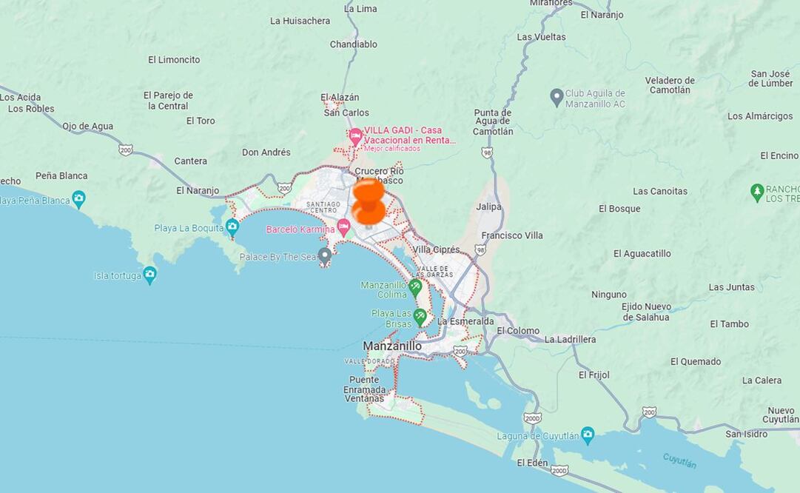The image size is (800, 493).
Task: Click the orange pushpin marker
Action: (x=369, y=201)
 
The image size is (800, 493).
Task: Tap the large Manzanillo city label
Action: (x=392, y=346)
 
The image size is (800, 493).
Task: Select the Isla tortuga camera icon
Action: (x=150, y=275)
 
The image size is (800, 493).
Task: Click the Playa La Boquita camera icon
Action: (x=232, y=227)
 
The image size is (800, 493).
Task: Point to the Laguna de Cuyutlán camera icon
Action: (x=588, y=435)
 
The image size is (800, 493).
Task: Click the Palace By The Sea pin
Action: (x=325, y=257)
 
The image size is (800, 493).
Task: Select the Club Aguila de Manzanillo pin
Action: (x=557, y=98)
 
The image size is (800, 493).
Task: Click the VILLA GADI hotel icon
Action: (x=356, y=136)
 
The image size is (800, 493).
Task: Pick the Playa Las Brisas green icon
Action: (x=420, y=318)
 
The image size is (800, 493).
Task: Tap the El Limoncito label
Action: (x=174, y=60)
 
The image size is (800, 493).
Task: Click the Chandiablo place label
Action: (x=354, y=44)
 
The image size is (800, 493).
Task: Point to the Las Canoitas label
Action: (x=660, y=191)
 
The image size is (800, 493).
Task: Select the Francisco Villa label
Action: (x=512, y=235)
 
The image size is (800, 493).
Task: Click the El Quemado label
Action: (x=696, y=361)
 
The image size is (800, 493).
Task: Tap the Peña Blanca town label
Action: (x=61, y=175)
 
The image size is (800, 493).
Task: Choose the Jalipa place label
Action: (x=488, y=207)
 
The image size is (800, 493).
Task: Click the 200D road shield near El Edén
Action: (x=559, y=470)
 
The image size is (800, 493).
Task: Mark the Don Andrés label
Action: (x=266, y=152)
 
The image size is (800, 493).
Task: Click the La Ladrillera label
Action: (x=570, y=339)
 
